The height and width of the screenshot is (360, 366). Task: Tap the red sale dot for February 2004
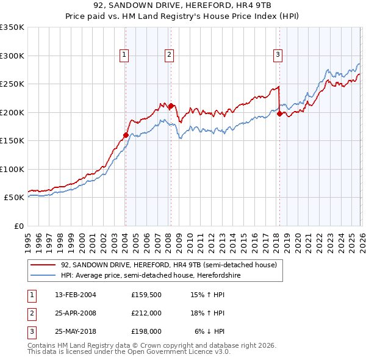pos(126,135)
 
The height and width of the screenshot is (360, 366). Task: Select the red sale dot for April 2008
pos(171,106)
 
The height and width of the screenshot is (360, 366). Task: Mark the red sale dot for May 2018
pos(279,113)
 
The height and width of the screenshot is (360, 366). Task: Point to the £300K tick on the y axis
pos(12,56)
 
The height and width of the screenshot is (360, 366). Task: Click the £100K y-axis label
pos(12,169)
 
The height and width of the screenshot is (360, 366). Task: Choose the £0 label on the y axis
pos(18,226)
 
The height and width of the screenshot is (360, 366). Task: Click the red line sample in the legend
pos(44,265)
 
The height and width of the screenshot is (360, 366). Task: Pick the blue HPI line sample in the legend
pos(44,275)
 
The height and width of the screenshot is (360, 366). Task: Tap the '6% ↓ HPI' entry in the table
pos(210,331)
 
